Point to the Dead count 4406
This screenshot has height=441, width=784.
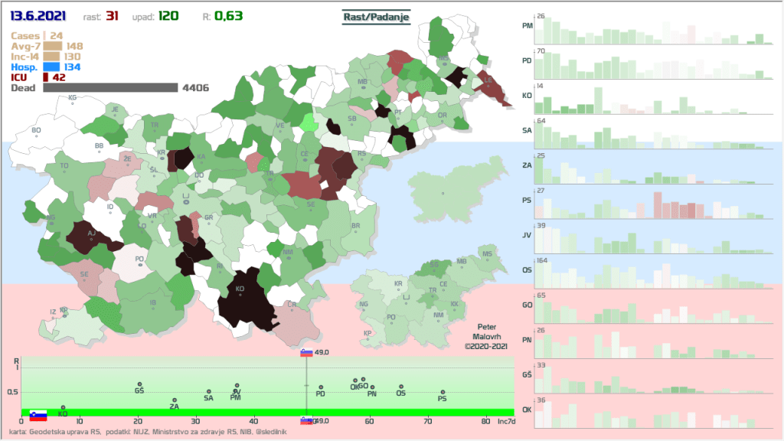[195, 88]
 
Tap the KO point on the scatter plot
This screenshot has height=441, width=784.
[63, 407]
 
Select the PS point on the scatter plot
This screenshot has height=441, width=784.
[443, 392]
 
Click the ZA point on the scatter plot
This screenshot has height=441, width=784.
[175, 400]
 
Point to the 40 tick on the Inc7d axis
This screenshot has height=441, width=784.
[253, 421]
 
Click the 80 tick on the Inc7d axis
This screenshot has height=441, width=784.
[485, 421]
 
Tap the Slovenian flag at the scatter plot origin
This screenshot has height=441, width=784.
[38, 416]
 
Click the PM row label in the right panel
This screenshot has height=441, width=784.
[527, 26]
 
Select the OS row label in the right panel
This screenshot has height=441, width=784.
[527, 269]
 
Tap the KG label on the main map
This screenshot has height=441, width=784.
[73, 98]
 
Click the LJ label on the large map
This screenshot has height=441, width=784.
[185, 196]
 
